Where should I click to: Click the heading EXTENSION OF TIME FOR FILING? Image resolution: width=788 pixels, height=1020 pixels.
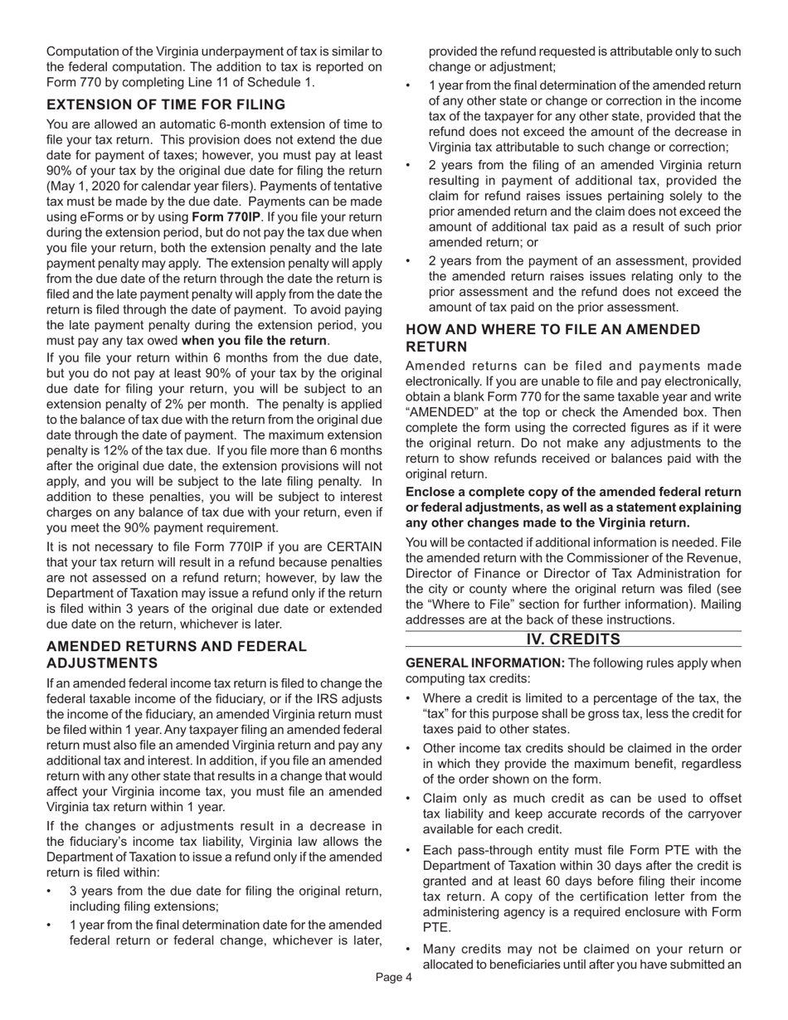click(166, 104)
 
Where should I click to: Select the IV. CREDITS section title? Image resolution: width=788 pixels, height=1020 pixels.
click(573, 639)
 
